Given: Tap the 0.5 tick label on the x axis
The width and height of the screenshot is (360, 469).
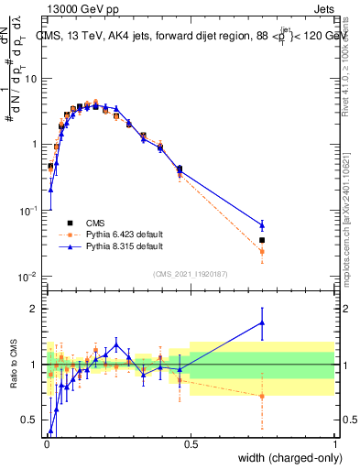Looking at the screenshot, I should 190,445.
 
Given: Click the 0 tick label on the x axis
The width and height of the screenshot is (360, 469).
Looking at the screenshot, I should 46,445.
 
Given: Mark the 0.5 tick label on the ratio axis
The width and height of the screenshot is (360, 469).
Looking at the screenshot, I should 30,420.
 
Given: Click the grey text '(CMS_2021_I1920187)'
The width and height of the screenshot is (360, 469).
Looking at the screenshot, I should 190,273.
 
